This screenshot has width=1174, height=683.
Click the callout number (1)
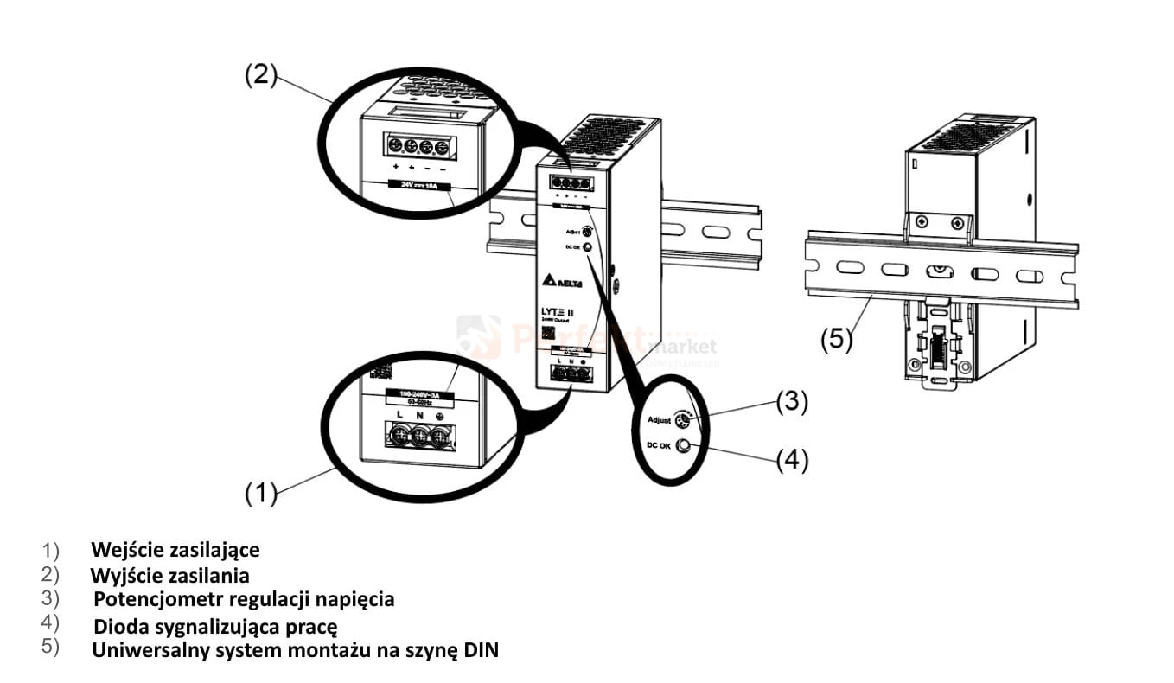pos(259,494)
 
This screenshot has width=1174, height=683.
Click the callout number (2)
pos(259,75)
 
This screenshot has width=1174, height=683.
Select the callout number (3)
pos(791,402)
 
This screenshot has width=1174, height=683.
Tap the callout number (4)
pos(791,461)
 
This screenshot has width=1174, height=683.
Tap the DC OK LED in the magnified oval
pos(683,446)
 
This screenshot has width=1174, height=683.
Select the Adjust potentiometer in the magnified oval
pos(681,421)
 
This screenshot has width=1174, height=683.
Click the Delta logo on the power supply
pos(563,282)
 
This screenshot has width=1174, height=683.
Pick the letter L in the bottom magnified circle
pos(399,417)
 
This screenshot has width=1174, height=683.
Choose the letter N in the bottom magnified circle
pos(420,417)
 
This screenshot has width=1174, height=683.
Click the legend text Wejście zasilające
pos(175,550)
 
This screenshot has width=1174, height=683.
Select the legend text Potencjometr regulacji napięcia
pos(244,599)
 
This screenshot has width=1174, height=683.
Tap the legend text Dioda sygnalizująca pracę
pos(214,625)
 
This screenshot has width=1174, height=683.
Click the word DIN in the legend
pos(481,650)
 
